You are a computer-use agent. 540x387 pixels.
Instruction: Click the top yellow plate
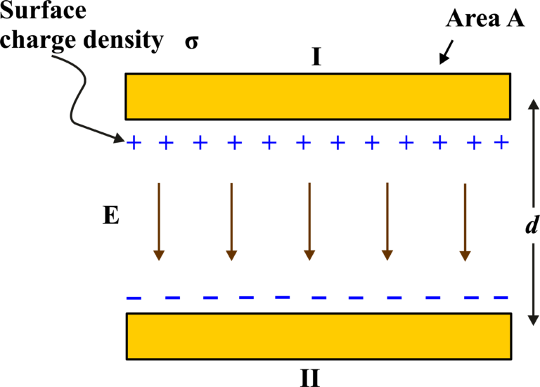(x=317, y=96)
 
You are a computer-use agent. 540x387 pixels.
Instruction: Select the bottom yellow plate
(x=319, y=336)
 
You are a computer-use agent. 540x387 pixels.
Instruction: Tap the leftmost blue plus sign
(x=134, y=143)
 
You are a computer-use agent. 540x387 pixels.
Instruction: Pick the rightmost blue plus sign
(x=501, y=142)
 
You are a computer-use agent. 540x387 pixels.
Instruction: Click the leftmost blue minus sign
(x=134, y=298)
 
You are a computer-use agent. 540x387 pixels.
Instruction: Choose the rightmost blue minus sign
(x=501, y=297)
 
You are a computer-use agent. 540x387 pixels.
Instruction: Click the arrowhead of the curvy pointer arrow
(x=119, y=138)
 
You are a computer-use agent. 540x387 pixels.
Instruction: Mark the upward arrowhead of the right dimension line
(x=533, y=104)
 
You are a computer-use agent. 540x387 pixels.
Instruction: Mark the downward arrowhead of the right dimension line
(x=533, y=320)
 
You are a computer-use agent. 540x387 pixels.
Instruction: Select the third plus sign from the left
(x=200, y=143)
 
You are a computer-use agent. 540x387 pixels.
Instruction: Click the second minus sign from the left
(x=172, y=297)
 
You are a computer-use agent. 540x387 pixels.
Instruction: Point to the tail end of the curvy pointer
(x=53, y=56)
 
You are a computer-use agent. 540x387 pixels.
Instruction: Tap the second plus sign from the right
(x=474, y=143)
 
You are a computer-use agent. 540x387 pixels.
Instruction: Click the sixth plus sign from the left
(x=304, y=143)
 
